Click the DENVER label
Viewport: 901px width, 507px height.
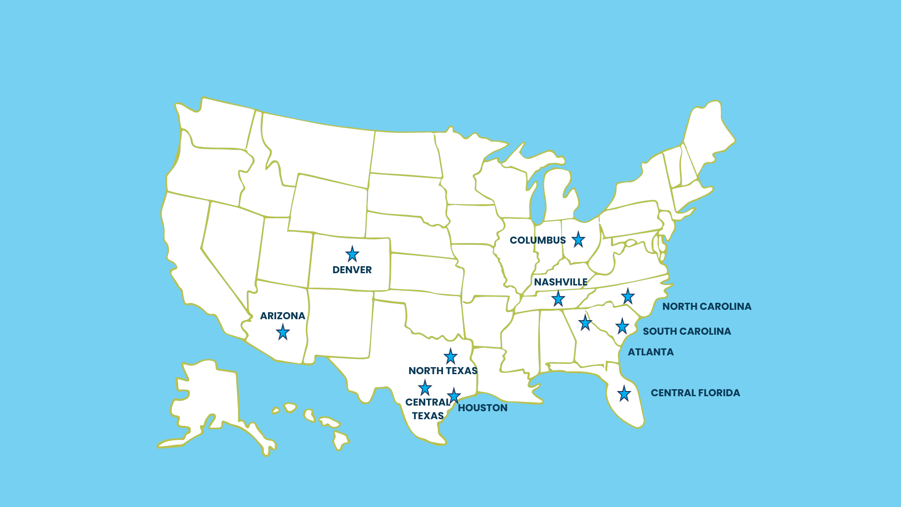[352, 270]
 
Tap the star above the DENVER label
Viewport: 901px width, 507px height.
[352, 254]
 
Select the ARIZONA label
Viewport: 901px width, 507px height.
[283, 316]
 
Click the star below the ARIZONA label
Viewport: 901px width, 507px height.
[283, 332]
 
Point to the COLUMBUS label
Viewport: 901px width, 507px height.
[538, 240]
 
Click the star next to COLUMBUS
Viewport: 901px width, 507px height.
[578, 239]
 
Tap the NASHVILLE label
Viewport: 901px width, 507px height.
[561, 282]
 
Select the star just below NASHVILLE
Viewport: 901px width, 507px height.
[558, 299]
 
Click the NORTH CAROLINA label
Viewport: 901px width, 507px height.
[707, 307]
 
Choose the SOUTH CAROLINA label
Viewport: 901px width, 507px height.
[687, 331]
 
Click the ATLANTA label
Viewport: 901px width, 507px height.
[650, 352]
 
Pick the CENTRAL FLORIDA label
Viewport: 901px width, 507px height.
[695, 393]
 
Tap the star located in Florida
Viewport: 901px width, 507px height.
[624, 394]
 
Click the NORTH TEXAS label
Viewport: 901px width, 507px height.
[443, 371]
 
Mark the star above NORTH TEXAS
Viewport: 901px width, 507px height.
[450, 357]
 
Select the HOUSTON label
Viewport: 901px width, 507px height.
[482, 408]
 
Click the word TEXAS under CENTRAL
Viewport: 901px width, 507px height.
[428, 416]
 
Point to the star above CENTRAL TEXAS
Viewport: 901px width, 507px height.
[425, 388]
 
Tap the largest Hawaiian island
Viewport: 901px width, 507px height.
[340, 440]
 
